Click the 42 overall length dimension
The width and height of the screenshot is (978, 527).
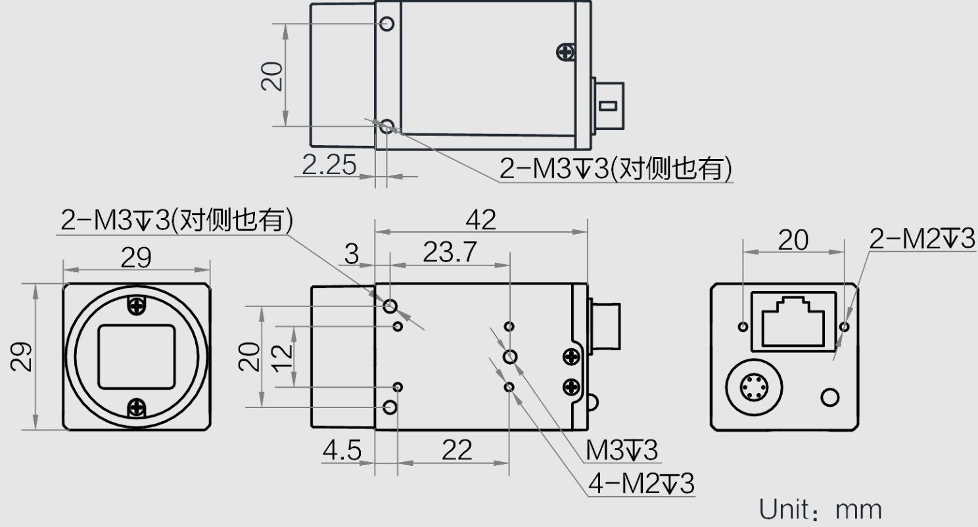point(480,219)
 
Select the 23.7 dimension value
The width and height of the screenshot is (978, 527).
point(450,252)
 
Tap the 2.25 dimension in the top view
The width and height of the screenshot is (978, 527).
point(329,165)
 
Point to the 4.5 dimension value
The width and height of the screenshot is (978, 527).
point(342,450)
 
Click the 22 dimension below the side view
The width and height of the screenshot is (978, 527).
point(457,450)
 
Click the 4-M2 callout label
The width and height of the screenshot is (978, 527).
point(641,484)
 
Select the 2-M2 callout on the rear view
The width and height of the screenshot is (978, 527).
point(922,239)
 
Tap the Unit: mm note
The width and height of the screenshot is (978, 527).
point(820,509)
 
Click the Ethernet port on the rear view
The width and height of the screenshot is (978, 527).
point(793,321)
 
